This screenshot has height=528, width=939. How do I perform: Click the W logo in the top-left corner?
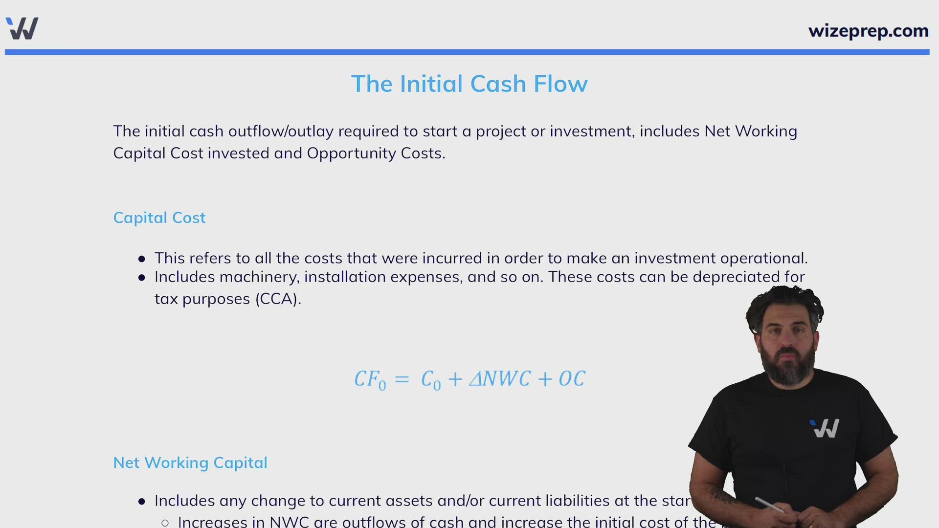(22, 28)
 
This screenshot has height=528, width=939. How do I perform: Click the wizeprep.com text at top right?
(868, 31)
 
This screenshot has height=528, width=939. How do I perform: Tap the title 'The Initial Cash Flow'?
(469, 84)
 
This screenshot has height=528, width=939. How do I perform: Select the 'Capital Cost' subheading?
(159, 218)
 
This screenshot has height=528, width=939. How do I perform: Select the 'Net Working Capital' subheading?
(190, 462)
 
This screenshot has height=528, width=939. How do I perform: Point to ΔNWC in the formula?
(499, 379)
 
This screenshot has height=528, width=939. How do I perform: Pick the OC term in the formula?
(572, 379)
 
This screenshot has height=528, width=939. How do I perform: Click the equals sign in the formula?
(402, 379)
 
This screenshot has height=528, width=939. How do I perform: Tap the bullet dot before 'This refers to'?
(142, 259)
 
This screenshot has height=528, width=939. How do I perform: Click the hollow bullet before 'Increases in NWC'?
(165, 523)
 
